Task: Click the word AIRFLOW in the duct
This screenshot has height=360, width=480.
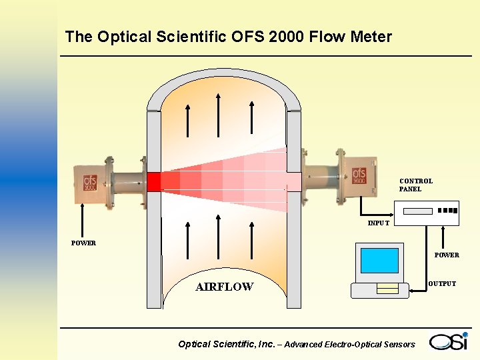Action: (224, 287)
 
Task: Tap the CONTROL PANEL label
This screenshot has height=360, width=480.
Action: (416, 185)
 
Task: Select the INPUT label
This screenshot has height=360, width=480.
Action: (378, 223)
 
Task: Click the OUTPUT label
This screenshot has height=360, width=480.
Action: (442, 284)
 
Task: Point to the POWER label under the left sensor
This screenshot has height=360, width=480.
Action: (83, 243)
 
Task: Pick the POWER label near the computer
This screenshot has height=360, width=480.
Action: (447, 255)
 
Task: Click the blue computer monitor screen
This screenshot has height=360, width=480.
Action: (379, 261)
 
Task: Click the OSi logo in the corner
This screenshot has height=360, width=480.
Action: (449, 341)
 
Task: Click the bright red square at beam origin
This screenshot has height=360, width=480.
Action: (154, 181)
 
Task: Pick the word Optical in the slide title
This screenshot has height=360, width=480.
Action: (124, 37)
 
